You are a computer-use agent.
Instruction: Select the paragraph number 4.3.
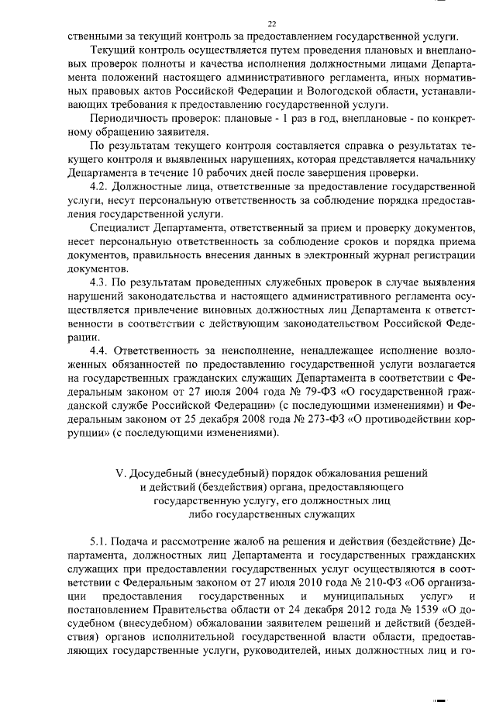pos(102,300)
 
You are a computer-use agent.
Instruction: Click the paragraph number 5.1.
pos(102,540)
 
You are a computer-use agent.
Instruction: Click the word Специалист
pos(122,229)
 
